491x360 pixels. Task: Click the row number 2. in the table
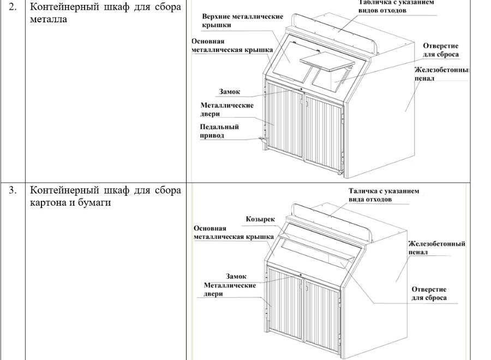click(x=12, y=8)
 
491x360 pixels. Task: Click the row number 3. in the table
click(x=12, y=190)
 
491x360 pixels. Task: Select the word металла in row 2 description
click(x=49, y=20)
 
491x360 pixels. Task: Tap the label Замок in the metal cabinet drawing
click(x=230, y=92)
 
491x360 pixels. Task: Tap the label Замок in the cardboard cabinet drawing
click(x=236, y=276)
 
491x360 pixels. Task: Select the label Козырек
click(x=260, y=219)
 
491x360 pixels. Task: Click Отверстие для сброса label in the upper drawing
click(x=440, y=50)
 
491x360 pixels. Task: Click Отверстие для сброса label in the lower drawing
click(x=429, y=293)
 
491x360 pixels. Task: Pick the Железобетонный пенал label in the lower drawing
click(x=436, y=248)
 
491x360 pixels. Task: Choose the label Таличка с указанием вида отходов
click(x=384, y=195)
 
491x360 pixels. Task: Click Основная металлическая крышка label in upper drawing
click(x=232, y=45)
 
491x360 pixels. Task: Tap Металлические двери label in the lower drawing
click(x=230, y=289)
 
